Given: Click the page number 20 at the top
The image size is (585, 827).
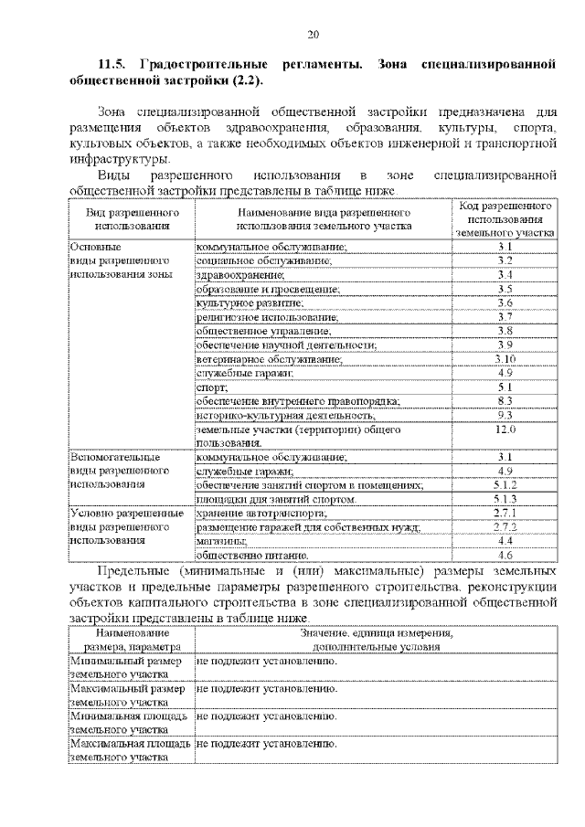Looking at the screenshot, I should pos(312,35).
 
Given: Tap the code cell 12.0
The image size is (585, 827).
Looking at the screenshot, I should pos(505,429).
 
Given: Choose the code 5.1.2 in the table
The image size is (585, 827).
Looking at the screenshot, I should pos(505,485).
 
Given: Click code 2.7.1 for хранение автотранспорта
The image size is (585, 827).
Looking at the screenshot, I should pos(505,514).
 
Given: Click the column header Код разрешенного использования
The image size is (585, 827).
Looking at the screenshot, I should pos(505,219).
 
